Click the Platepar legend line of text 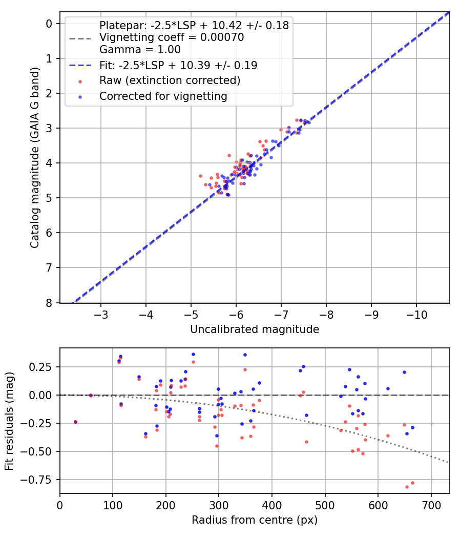pyautogui.click(x=194, y=25)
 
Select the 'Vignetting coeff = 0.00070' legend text pyautogui.click(x=172, y=37)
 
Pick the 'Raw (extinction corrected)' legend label pyautogui.click(x=170, y=80)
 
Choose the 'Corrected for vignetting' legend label pyautogui.click(x=163, y=96)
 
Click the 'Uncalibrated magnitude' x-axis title pyautogui.click(x=255, y=329)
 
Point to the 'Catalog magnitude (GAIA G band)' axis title pyautogui.click(x=34, y=163)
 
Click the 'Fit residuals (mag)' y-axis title pyautogui.click(x=10, y=421)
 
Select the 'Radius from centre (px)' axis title pyautogui.click(x=255, y=520)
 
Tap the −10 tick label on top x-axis pyautogui.click(x=416, y=314)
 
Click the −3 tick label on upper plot pyautogui.click(x=101, y=314)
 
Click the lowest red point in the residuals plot pyautogui.click(x=407, y=487)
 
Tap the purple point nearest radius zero pyautogui.click(x=75, y=422)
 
